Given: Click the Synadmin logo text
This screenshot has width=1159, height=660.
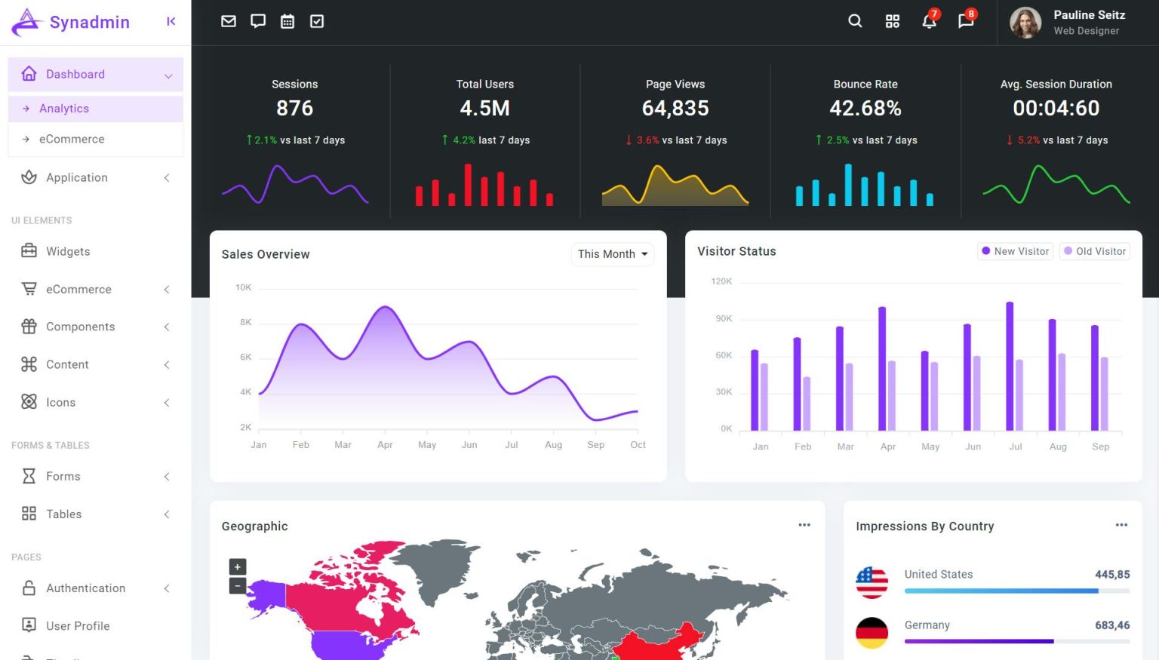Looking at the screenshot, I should click(89, 22).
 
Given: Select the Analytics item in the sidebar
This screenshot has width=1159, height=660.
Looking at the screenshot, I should click(64, 109).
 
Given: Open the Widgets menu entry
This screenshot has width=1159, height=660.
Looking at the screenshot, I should click(68, 251).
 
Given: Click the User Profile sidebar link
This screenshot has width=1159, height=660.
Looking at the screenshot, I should click(78, 625).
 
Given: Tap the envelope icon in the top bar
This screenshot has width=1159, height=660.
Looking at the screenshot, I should click(229, 21).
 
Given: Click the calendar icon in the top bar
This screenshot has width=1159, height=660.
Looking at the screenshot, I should click(287, 21).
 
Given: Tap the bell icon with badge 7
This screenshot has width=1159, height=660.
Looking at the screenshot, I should click(929, 21).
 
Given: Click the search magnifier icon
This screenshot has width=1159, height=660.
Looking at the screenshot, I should click(855, 21).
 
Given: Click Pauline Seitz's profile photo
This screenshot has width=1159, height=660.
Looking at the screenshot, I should click(1025, 23).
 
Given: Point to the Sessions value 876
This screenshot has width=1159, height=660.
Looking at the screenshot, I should click(294, 109).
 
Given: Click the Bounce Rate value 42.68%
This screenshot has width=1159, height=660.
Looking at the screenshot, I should click(865, 109).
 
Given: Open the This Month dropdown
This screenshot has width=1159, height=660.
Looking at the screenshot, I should click(612, 254).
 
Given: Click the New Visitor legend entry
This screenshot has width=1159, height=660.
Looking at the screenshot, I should click(1016, 251).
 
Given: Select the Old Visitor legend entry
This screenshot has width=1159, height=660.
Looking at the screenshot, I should click(1095, 251).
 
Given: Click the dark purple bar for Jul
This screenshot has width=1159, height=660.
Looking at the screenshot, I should click(1010, 367).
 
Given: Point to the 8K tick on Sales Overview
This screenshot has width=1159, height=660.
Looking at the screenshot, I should click(246, 322).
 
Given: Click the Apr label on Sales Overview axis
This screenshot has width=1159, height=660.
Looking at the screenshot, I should click(385, 445).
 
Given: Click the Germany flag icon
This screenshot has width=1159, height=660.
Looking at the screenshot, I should click(872, 633).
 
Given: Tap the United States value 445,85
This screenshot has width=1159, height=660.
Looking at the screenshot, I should click(1112, 575).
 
